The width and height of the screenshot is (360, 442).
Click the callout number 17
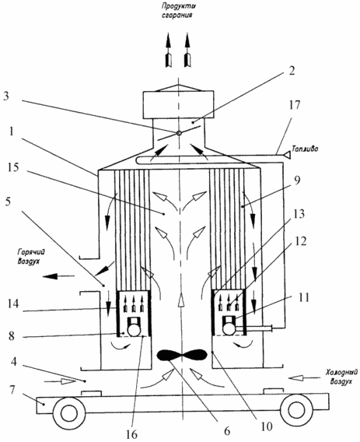pos(294,105)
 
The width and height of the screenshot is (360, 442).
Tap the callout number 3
pos(6,96)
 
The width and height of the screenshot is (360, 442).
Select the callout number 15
pos(13,167)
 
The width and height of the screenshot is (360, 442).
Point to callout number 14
pos(13,303)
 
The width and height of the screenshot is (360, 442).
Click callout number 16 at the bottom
pos(131,434)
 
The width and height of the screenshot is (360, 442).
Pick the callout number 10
pos(266,426)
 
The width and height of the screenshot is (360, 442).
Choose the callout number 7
pos(12,390)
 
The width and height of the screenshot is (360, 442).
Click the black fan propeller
pos(182,355)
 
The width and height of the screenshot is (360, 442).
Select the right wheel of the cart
pos(296,410)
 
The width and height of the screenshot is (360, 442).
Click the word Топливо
pos(305,149)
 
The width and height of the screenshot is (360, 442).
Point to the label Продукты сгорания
pos(177,10)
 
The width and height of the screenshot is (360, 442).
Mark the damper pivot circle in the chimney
pos(179,133)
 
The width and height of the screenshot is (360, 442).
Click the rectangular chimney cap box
pos(178,104)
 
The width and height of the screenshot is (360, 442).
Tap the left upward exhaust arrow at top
pos(169,50)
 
